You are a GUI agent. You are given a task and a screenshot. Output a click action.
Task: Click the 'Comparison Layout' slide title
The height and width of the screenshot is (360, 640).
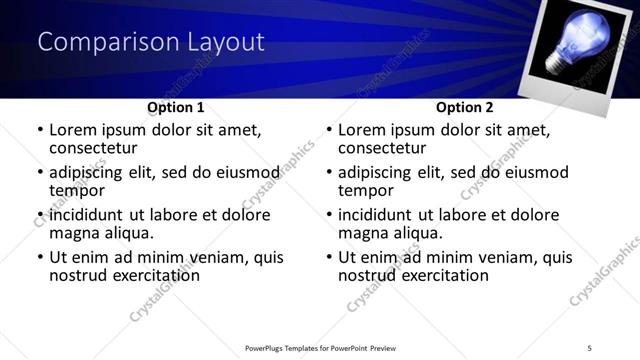[151, 42]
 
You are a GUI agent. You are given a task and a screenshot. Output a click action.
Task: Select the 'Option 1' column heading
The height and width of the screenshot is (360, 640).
[176, 107]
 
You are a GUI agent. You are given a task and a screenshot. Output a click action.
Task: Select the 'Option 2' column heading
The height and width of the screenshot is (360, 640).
[465, 107]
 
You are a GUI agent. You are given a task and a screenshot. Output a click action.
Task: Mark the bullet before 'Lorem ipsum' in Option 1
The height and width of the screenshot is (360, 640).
[39, 130]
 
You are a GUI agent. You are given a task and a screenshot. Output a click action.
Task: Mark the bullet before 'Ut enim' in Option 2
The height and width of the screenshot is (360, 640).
[328, 257]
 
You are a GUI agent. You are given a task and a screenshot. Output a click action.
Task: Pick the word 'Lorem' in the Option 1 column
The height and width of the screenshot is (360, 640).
[74, 130]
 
